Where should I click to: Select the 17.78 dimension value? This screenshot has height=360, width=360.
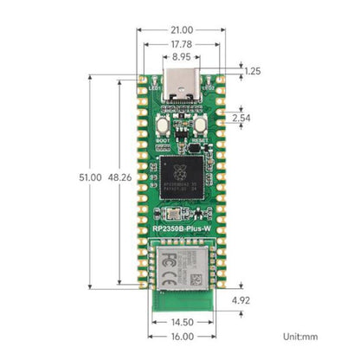click(180, 44)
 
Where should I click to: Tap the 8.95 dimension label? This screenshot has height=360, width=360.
click(180, 58)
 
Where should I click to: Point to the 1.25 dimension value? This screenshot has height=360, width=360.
click(252, 71)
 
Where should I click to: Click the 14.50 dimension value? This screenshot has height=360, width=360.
click(180, 321)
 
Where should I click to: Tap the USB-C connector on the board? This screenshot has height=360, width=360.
click(180, 84)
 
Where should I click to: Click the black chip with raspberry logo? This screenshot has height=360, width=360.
click(180, 171)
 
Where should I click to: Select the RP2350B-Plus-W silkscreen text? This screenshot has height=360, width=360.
click(180, 230)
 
